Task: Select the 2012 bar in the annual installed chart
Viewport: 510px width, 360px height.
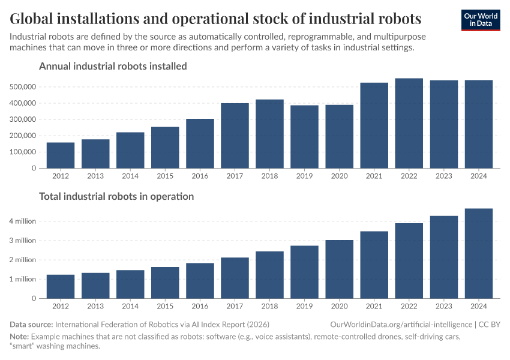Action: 61,155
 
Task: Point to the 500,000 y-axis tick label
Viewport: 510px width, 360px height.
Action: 22,87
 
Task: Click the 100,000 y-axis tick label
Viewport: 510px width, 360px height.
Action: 22,152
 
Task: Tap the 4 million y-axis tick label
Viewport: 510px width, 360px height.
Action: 22,221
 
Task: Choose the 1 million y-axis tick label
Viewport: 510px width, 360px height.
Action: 22,280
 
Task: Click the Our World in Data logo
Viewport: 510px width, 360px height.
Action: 480,20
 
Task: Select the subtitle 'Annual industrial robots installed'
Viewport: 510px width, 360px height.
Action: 113,66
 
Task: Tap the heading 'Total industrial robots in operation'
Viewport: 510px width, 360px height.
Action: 116,196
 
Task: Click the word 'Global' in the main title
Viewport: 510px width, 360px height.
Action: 35,17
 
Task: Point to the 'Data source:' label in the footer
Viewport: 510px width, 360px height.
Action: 31,324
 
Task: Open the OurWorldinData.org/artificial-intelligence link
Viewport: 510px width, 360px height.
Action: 401,324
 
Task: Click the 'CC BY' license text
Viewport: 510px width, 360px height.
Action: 490,324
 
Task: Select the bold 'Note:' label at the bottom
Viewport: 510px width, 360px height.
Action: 19,337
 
